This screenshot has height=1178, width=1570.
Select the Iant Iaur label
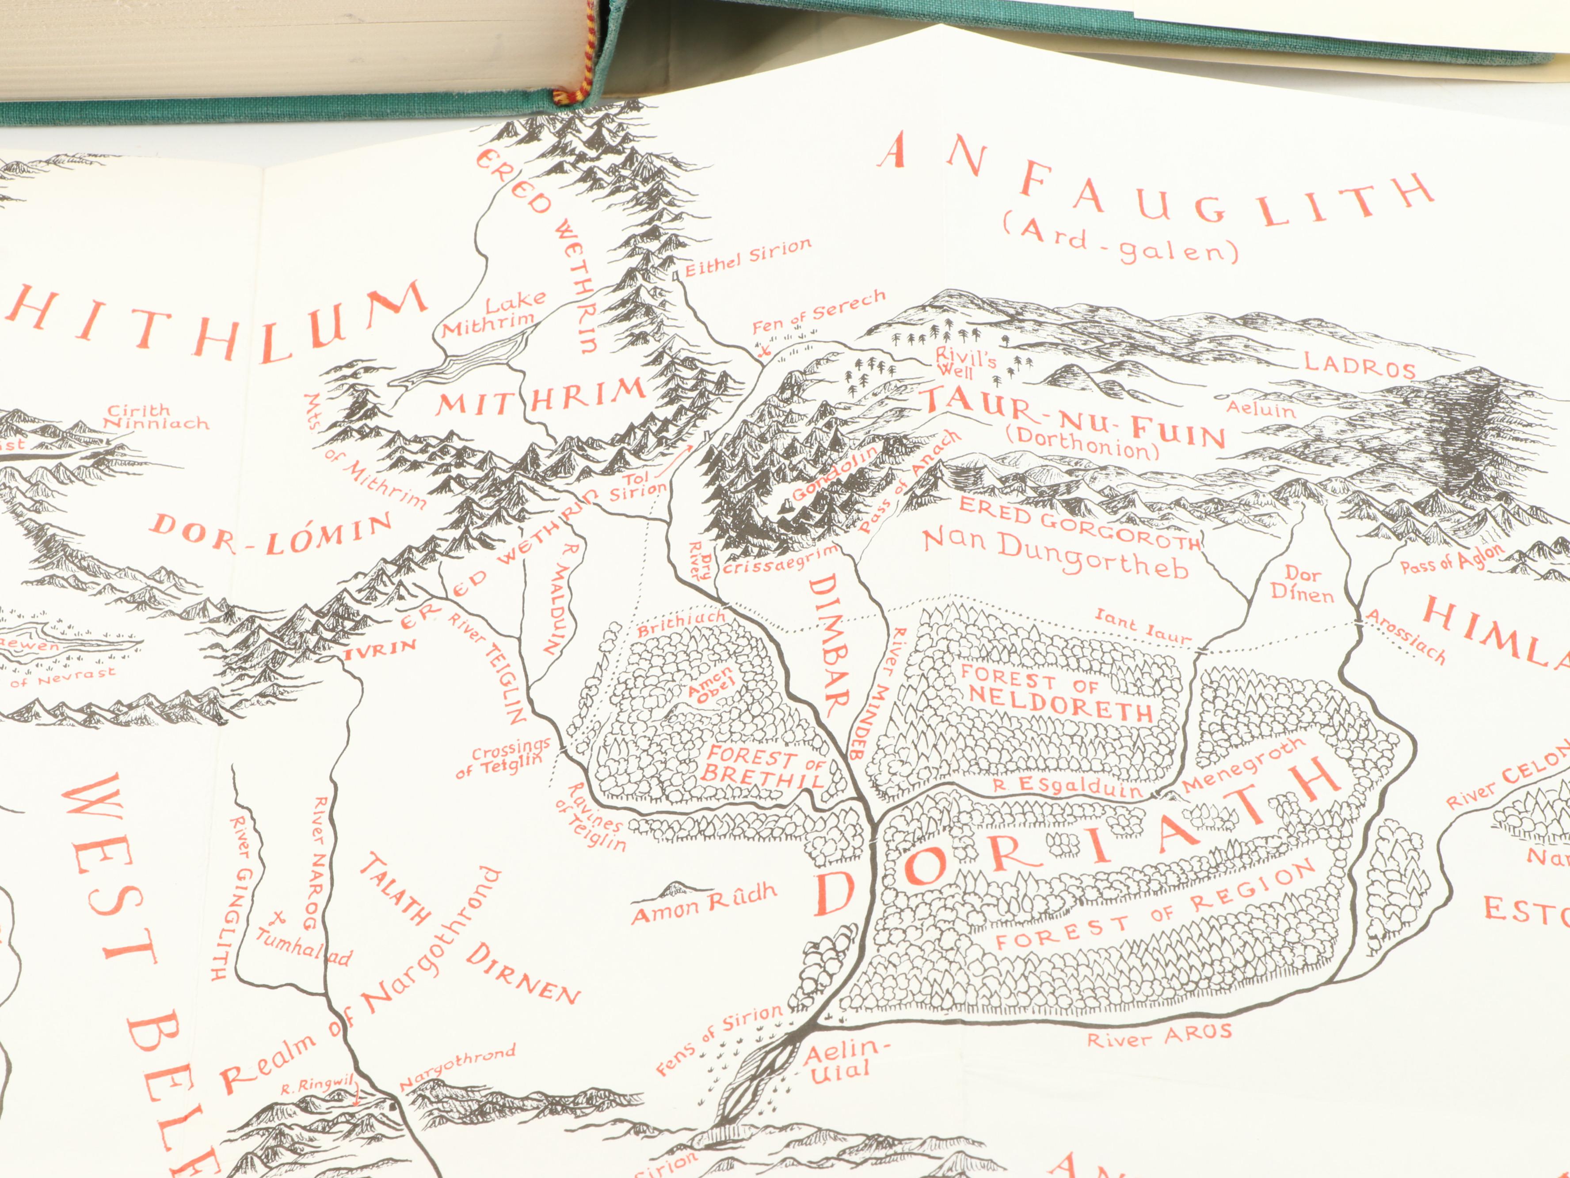(1141, 626)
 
